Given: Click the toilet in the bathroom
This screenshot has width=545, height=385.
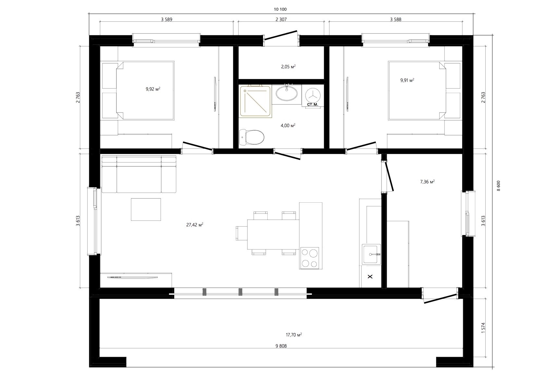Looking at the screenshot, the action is [x=252, y=137].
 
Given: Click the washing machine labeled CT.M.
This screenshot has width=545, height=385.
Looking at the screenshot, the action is [x=313, y=96].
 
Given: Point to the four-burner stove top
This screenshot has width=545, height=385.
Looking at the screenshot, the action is [x=309, y=258].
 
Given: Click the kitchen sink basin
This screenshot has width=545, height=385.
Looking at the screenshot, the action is [x=371, y=254].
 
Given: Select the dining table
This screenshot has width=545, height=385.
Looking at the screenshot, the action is [x=273, y=235].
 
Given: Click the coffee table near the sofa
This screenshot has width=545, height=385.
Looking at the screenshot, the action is [x=146, y=210].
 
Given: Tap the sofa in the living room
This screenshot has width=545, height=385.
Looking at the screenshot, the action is [x=139, y=174].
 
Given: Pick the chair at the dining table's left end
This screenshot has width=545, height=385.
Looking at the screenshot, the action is [x=242, y=234].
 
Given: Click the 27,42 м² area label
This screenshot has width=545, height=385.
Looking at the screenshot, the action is [x=195, y=225].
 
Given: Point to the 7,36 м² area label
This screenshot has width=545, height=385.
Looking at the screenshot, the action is [x=427, y=182].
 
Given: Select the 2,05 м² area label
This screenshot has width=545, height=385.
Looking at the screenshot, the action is [x=288, y=66].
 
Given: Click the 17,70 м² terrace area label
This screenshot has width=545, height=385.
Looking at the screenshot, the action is [x=294, y=335].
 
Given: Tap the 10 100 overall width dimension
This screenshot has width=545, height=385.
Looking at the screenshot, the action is [x=280, y=9].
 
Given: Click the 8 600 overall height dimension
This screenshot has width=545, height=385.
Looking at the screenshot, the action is [x=499, y=186].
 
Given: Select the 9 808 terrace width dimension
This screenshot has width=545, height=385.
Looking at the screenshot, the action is [x=281, y=346].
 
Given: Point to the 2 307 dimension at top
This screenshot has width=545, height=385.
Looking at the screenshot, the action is [x=281, y=19].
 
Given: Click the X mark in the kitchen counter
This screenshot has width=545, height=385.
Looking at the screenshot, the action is [x=370, y=277].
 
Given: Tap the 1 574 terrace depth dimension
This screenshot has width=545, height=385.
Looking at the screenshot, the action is [x=483, y=328].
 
